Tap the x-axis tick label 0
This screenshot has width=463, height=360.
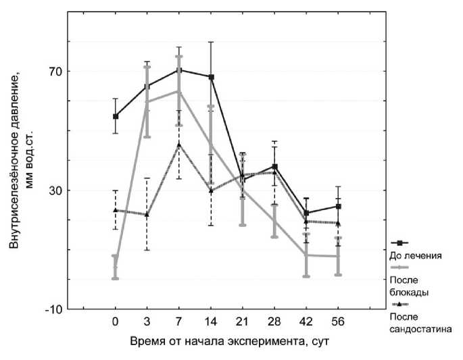pyautogui.click(x=116, y=322)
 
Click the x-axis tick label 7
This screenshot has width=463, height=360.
pyautogui.click(x=179, y=322)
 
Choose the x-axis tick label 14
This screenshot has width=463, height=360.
pyautogui.click(x=211, y=322)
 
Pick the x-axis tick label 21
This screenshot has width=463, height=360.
pyautogui.click(x=243, y=322)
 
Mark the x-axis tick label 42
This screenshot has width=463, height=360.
pyautogui.click(x=306, y=322)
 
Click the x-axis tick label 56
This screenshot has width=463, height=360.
pyautogui.click(x=338, y=322)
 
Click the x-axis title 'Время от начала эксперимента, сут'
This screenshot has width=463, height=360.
pyautogui.click(x=230, y=341)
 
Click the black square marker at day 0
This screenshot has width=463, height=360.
pyautogui.click(x=116, y=116)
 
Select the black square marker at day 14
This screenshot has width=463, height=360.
pyautogui.click(x=211, y=77)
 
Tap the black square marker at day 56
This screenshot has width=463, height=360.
pyautogui.click(x=338, y=206)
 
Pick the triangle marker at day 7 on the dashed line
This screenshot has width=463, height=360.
pyautogui.click(x=179, y=144)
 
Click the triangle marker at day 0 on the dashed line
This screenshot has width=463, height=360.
pyautogui.click(x=116, y=210)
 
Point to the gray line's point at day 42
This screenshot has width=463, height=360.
pyautogui.click(x=306, y=255)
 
